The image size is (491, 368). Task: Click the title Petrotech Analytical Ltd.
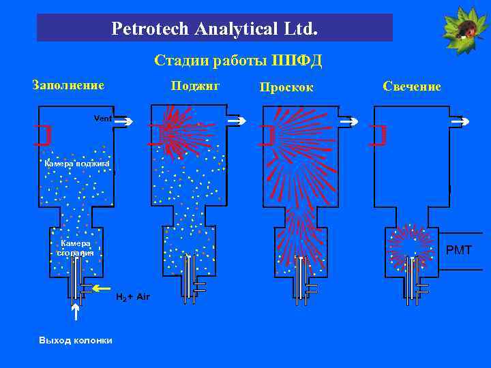click(x=214, y=29)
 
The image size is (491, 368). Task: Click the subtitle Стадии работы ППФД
click(x=238, y=61)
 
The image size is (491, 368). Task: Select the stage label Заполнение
click(x=68, y=85)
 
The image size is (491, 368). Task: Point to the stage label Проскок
click(x=286, y=87)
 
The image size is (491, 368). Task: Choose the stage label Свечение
click(x=412, y=87)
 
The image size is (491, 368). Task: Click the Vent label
click(x=102, y=119)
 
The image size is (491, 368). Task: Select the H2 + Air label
click(x=132, y=297)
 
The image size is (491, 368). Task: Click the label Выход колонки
click(x=76, y=340)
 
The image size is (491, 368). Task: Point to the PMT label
click(x=458, y=250)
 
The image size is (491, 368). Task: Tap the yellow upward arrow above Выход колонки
click(x=75, y=313)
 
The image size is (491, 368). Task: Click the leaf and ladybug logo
click(x=464, y=28)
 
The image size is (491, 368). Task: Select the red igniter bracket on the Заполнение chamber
click(x=44, y=135)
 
